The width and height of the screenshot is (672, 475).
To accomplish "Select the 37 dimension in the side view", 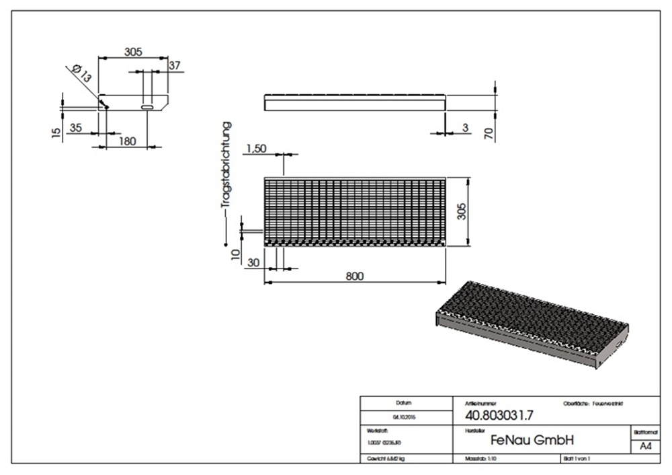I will [x=175, y=65].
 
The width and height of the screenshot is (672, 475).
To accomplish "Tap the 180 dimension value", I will [x=127, y=141].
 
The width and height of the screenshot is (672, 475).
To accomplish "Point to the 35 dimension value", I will [x=76, y=127].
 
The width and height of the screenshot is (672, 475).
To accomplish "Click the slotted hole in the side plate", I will [x=147, y=106].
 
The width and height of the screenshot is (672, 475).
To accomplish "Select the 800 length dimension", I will [x=355, y=276].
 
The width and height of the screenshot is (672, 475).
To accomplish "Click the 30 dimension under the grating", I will [x=253, y=262].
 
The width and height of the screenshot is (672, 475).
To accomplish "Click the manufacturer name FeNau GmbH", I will [x=532, y=441].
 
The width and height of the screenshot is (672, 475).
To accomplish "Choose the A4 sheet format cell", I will [x=645, y=445].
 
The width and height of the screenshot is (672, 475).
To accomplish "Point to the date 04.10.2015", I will [x=403, y=416].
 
